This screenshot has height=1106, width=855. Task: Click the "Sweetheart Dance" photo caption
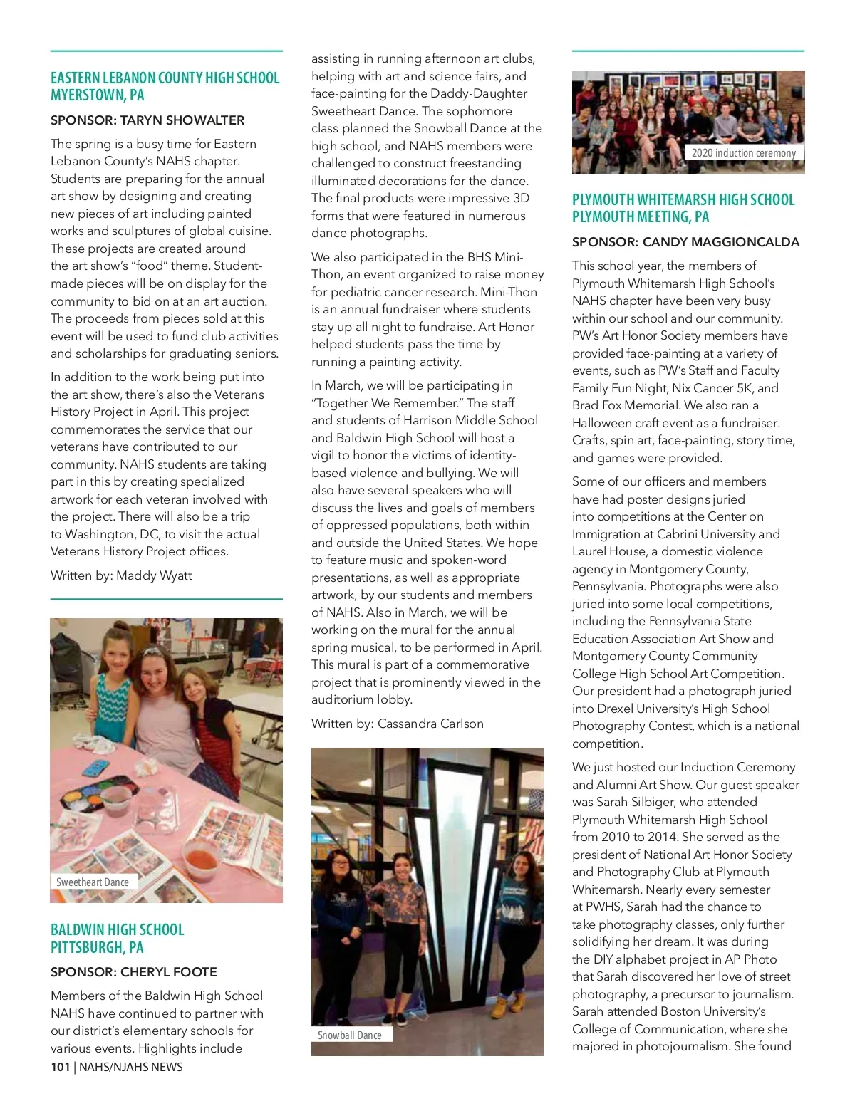point(93,882)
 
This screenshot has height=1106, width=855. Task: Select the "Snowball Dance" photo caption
point(349,1035)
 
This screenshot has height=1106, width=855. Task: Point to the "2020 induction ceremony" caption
point(743,152)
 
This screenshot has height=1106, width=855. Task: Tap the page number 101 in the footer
point(60,1067)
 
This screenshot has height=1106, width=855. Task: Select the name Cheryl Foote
point(169,972)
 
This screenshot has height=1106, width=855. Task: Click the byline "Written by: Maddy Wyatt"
point(121,575)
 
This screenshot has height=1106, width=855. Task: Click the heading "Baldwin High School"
point(117,929)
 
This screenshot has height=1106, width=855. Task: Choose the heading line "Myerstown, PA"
point(97,95)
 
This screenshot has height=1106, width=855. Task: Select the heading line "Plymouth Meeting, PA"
point(641,217)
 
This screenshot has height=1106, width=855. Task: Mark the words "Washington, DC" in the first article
point(113,534)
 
